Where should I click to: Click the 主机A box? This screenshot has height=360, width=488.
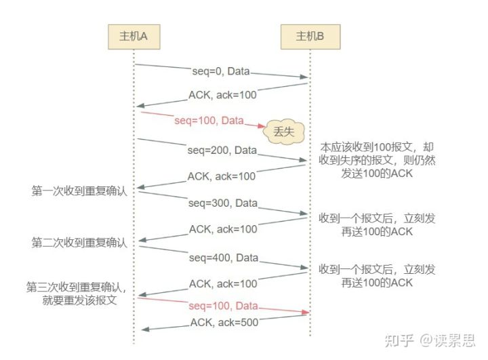click(134, 36)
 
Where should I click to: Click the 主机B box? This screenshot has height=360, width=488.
click(310, 36)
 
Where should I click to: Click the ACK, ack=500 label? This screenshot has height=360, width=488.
click(224, 323)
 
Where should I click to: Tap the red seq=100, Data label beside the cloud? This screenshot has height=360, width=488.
click(209, 121)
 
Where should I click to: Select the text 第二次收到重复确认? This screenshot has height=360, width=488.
click(80, 242)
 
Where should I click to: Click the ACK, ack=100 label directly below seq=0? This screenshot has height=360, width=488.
click(223, 95)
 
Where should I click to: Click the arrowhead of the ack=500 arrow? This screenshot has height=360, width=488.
click(142, 329)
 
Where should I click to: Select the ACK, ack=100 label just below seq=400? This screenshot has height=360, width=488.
click(223, 283)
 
